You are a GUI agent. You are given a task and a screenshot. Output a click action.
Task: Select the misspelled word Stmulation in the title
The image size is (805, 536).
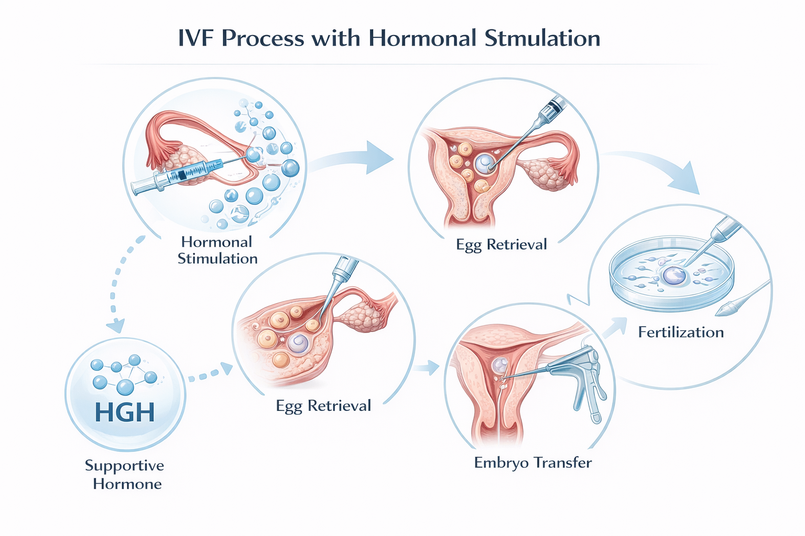tap(542, 39)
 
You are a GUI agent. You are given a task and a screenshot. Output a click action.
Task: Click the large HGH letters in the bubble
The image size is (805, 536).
tap(125, 412)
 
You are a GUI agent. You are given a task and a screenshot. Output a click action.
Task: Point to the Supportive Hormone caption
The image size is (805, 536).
tap(125, 474)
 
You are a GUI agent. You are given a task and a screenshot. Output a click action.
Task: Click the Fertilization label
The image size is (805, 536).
tap(681, 332)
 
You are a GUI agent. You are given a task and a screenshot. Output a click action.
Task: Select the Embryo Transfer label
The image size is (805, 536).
tap(532, 463)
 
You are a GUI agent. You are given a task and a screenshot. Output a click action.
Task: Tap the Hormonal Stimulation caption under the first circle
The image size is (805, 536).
tap(217, 250)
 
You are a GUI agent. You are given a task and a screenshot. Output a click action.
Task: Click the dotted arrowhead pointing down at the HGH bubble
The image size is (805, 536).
tap(116, 326)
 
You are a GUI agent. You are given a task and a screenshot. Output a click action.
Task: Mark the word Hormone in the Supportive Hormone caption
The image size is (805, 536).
tap(127, 484)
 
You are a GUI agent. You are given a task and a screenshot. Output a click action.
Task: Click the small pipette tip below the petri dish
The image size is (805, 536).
tap(729, 309)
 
